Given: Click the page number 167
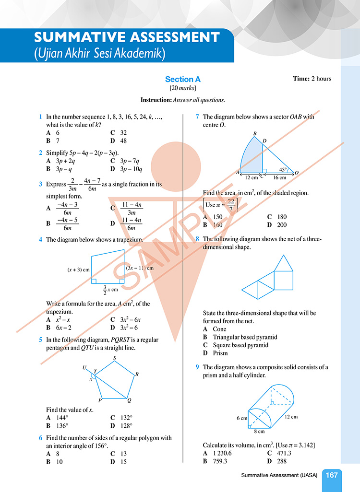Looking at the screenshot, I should pos(332,475).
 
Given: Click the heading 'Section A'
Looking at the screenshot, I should pos(183,80).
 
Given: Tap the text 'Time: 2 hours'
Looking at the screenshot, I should pos(312,79).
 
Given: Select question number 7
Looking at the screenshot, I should pos(198,117).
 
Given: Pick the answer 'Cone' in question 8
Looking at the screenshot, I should pos(220,329).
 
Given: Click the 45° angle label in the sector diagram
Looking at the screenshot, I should pos(283,169).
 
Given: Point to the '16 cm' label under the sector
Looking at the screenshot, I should pos(279,178).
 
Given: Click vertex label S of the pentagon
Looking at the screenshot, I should pos(114,358).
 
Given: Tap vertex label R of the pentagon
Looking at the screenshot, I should pos(137,374).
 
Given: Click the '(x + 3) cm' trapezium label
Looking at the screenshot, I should pos(79,269).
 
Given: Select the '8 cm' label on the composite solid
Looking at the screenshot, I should pos(259,431).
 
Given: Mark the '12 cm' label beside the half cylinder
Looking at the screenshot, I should pos(291,417).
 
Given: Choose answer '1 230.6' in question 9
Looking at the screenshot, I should pos(225,453).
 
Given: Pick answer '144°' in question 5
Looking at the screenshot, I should pos(63,418).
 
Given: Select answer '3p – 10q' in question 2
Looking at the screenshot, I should pos(134,169).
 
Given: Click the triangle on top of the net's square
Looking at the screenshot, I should pos(283,262).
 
